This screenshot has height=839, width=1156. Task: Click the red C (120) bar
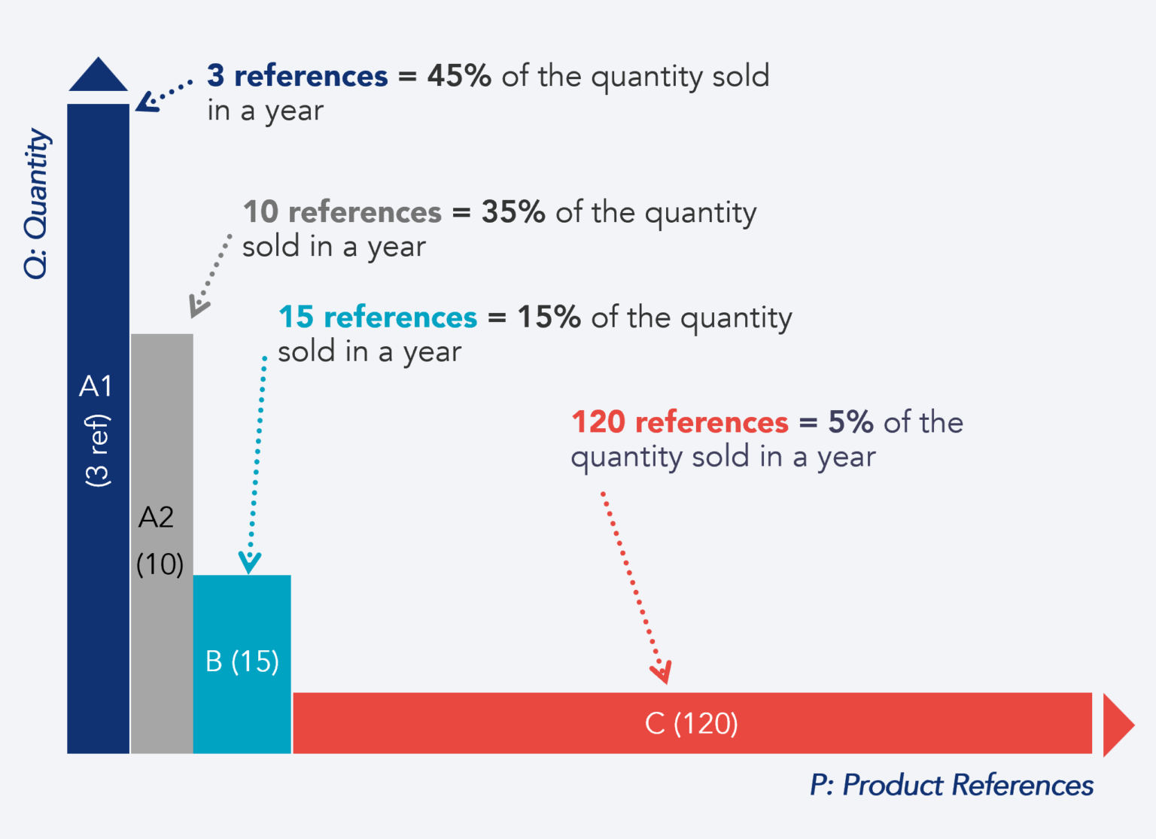pyautogui.click(x=527, y=722)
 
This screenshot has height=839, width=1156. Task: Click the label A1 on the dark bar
pyautogui.click(x=96, y=386)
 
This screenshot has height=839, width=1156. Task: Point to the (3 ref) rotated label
pyautogui.click(x=98, y=450)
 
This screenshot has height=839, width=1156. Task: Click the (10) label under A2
pyautogui.click(x=160, y=564)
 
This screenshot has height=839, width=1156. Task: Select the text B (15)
pyautogui.click(x=242, y=661)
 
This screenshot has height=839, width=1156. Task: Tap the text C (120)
pyautogui.click(x=691, y=723)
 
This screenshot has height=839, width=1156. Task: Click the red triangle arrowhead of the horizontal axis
pyautogui.click(x=1117, y=725)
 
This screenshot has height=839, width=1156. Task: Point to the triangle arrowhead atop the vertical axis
pyautogui.click(x=99, y=76)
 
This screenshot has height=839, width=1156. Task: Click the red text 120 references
pyautogui.click(x=680, y=422)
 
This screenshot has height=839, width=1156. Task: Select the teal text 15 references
pyautogui.click(x=378, y=318)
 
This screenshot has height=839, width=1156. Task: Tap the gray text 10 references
pyautogui.click(x=342, y=212)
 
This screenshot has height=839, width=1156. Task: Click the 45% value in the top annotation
pyautogui.click(x=459, y=76)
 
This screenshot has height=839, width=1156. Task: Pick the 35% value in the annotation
pyautogui.click(x=513, y=212)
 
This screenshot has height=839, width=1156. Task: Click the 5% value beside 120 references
pyautogui.click(x=850, y=422)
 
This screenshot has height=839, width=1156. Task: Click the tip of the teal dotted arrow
pyautogui.click(x=249, y=570)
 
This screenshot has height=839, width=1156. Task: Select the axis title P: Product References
pyautogui.click(x=952, y=786)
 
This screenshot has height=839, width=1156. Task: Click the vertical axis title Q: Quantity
pyautogui.click(x=36, y=203)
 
